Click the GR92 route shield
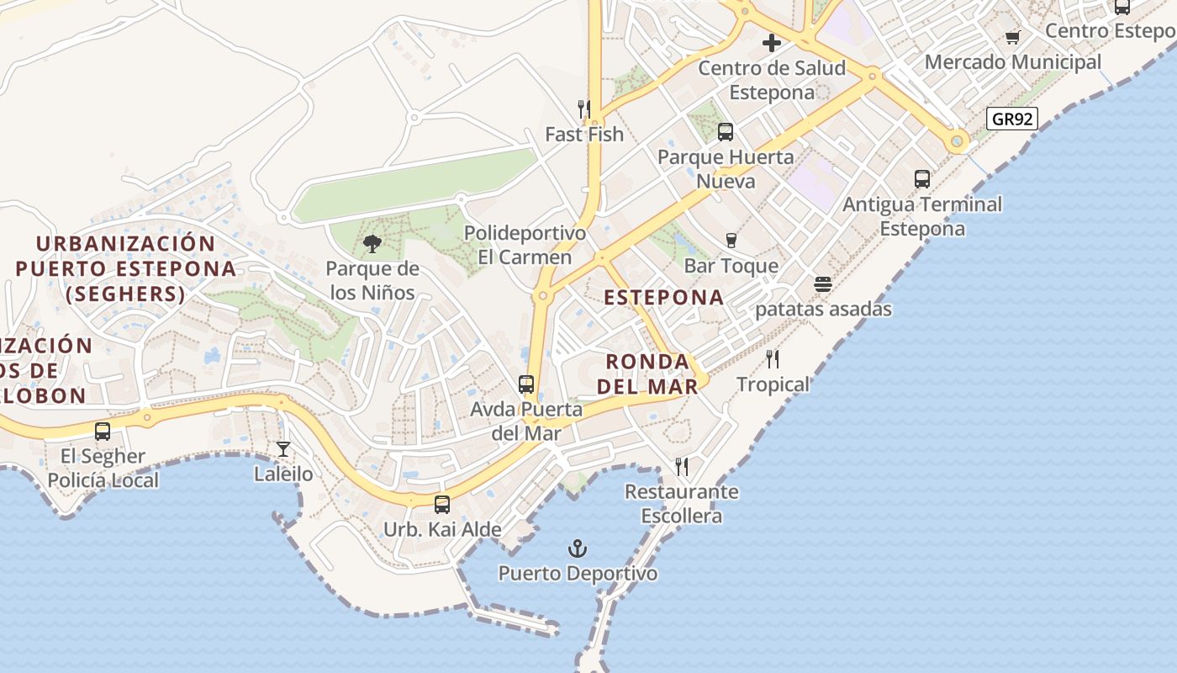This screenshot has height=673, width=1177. tap(1011, 119)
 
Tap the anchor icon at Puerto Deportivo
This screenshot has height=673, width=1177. tap(577, 549)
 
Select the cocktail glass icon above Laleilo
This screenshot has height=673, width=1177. tap(283, 449)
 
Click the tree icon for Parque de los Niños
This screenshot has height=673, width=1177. tap(372, 245)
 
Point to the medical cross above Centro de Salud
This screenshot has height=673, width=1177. tap(771, 43)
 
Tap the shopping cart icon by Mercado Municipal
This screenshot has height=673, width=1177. tap(1012, 37)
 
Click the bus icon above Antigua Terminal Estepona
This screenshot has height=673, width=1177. tap(922, 179)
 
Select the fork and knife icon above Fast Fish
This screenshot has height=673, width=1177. tap(584, 109)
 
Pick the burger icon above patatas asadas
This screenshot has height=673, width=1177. tap(823, 284)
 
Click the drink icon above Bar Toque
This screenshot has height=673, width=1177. tap(731, 241)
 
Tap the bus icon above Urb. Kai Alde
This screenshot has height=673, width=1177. tap(442, 505)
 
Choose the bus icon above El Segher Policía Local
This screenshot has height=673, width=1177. tap(103, 432)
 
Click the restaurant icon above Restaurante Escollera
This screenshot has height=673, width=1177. tap(682, 466)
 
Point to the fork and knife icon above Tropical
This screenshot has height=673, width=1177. tap(773, 359)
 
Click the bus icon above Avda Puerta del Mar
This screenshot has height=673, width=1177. tap(526, 384)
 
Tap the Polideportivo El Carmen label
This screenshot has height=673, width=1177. tap(525, 245)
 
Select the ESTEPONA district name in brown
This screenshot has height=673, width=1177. tap(664, 297)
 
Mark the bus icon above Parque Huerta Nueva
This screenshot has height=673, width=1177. tap(726, 132)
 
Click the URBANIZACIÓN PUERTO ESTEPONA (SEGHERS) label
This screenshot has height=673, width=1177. tap(126, 268)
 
